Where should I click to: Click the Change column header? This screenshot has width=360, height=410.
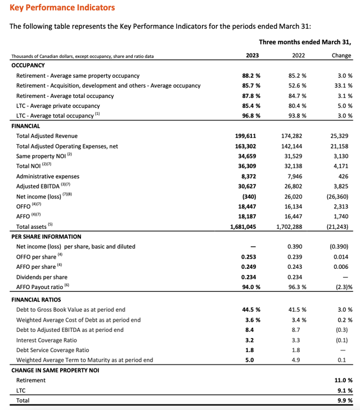click(341, 56)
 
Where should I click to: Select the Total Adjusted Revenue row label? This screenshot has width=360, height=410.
click(47, 136)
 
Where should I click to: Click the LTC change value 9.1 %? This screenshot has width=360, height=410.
click(345, 390)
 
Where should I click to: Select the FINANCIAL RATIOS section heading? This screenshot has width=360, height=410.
click(38, 300)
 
